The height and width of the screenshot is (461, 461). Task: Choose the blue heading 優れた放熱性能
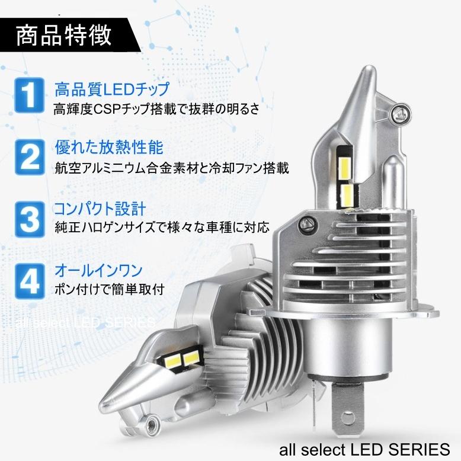pyautogui.click(x=108, y=147)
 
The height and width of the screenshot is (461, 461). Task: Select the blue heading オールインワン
pyautogui.click(x=98, y=271)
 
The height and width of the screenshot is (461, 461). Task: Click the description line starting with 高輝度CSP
pyautogui.click(x=156, y=110)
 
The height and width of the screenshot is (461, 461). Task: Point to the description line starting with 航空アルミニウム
pyautogui.click(x=171, y=168)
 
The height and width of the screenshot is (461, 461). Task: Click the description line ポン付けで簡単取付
pyautogui.click(x=108, y=289)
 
